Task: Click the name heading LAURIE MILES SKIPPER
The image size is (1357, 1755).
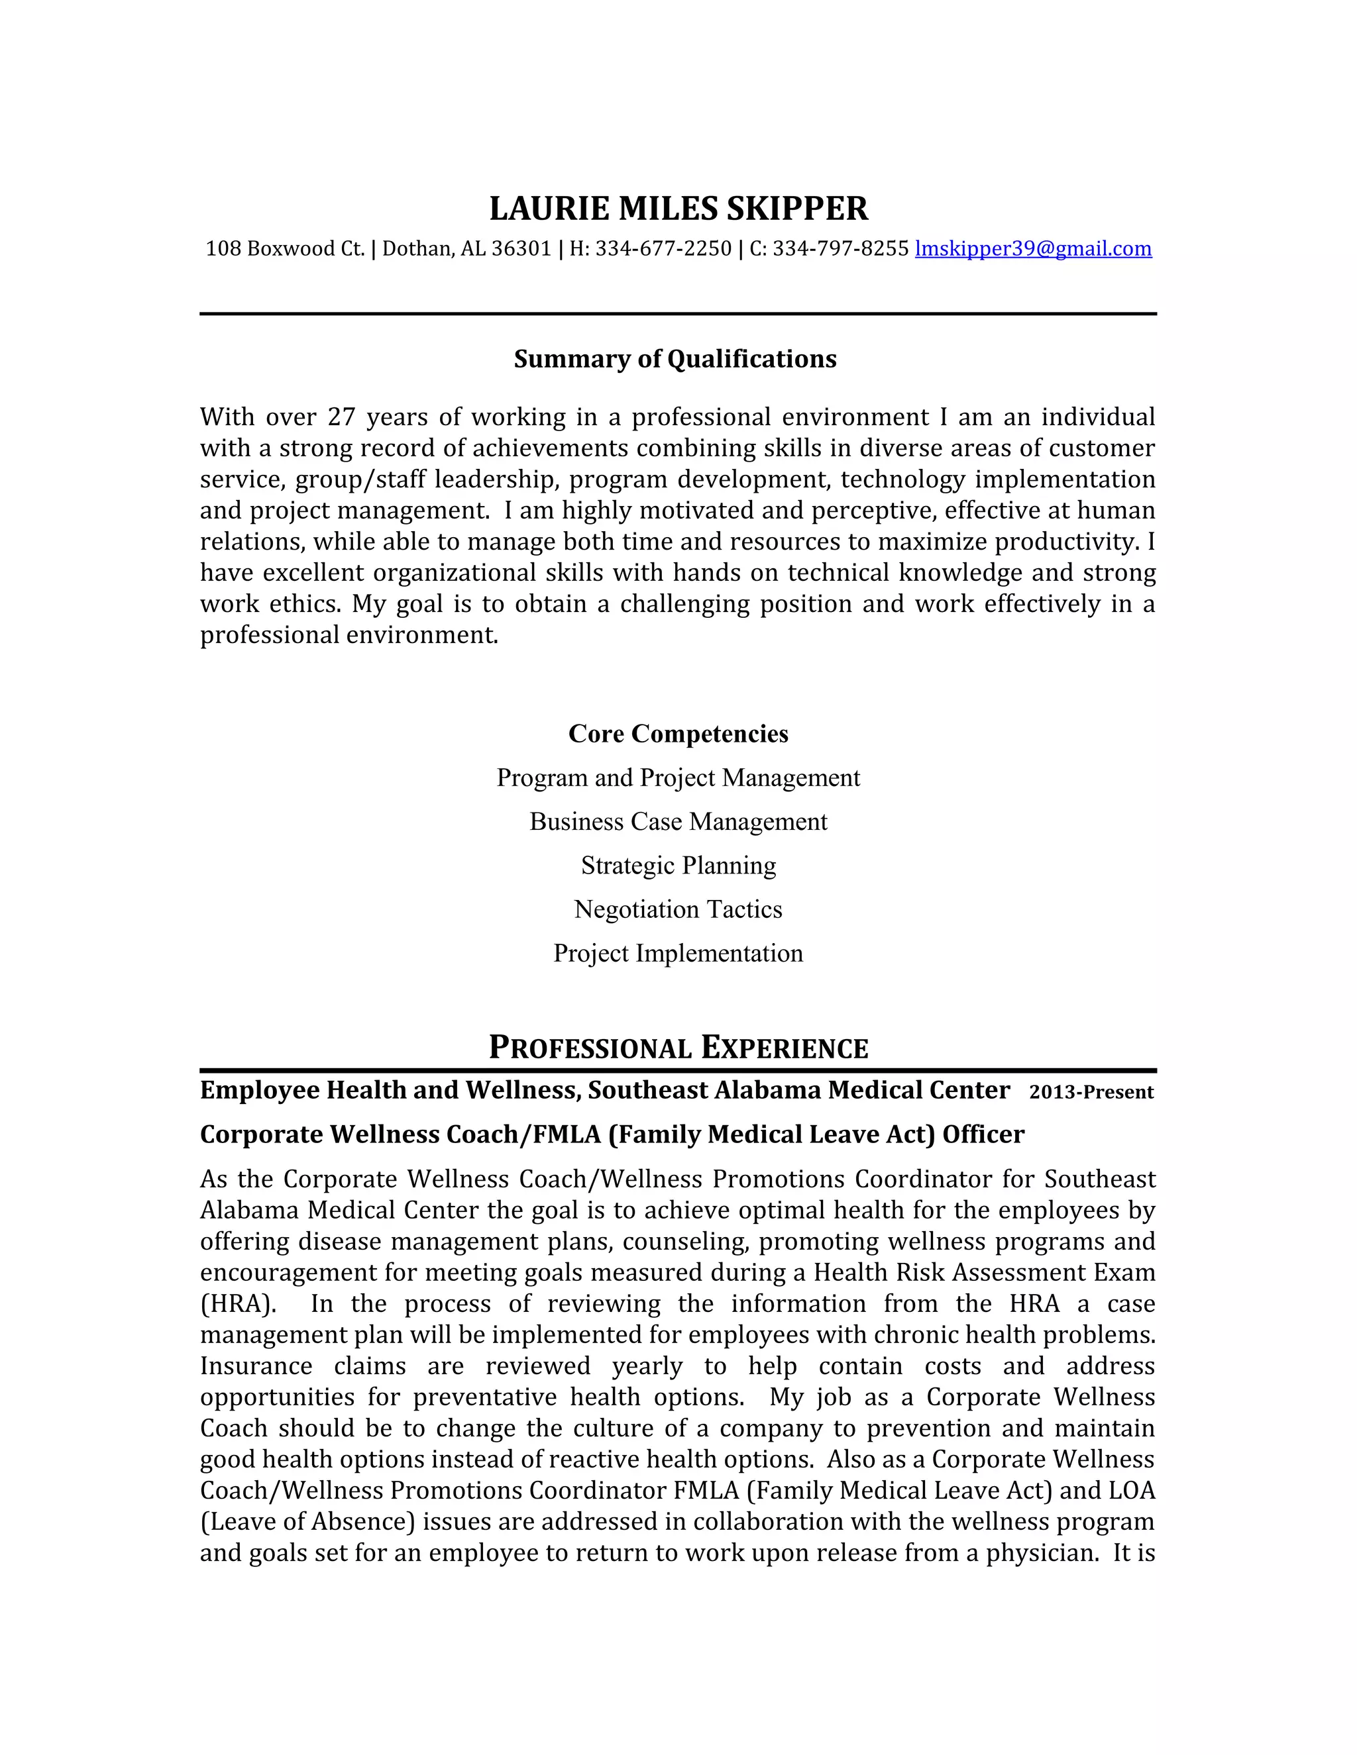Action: pyautogui.click(x=678, y=208)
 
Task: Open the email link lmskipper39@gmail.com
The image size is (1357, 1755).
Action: pyautogui.click(x=1033, y=248)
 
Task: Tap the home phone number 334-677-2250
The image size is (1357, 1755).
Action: pyautogui.click(x=663, y=248)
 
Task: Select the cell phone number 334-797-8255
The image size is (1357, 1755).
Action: pyautogui.click(x=840, y=248)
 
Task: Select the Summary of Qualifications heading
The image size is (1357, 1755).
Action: pyautogui.click(x=675, y=358)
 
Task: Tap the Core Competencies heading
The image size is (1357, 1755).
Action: pyautogui.click(x=678, y=734)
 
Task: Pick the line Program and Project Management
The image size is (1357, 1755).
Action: pyautogui.click(x=678, y=778)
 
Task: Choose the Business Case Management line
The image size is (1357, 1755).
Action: pyautogui.click(x=678, y=821)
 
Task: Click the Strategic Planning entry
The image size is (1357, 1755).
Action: pyautogui.click(x=678, y=866)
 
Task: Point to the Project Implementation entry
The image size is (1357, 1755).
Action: pyautogui.click(x=678, y=953)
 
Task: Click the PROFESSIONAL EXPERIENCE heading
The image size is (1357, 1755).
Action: pyautogui.click(x=678, y=1048)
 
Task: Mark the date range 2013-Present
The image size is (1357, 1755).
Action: pyautogui.click(x=1091, y=1092)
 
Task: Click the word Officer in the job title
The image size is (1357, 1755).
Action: pyautogui.click(x=983, y=1134)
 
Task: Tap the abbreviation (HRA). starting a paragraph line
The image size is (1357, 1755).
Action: pyautogui.click(x=238, y=1303)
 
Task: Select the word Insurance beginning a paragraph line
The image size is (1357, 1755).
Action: pyautogui.click(x=256, y=1366)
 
